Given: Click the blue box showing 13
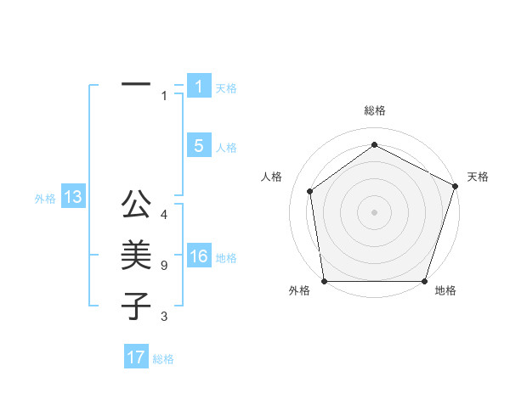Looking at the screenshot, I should coord(72,198).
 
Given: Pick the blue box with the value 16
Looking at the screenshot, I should coord(199,257).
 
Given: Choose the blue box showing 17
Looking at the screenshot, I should coord(136,357).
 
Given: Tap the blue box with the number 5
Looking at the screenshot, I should coord(199,146).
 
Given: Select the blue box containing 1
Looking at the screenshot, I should coord(199,87).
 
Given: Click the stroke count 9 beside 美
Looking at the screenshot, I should coord(164,266).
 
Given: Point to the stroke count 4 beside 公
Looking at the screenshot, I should coord(164,215).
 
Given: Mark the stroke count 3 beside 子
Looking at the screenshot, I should coord(164,317).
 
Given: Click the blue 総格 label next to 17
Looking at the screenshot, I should coord(163,359).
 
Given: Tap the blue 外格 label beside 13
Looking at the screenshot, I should coord(45,199).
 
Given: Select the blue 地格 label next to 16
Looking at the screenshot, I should coord(226,258).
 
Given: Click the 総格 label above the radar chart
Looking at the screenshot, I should coord(374,110).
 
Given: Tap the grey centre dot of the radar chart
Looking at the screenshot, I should coord(374,211).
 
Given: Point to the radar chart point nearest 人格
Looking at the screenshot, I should coord(310,191).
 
